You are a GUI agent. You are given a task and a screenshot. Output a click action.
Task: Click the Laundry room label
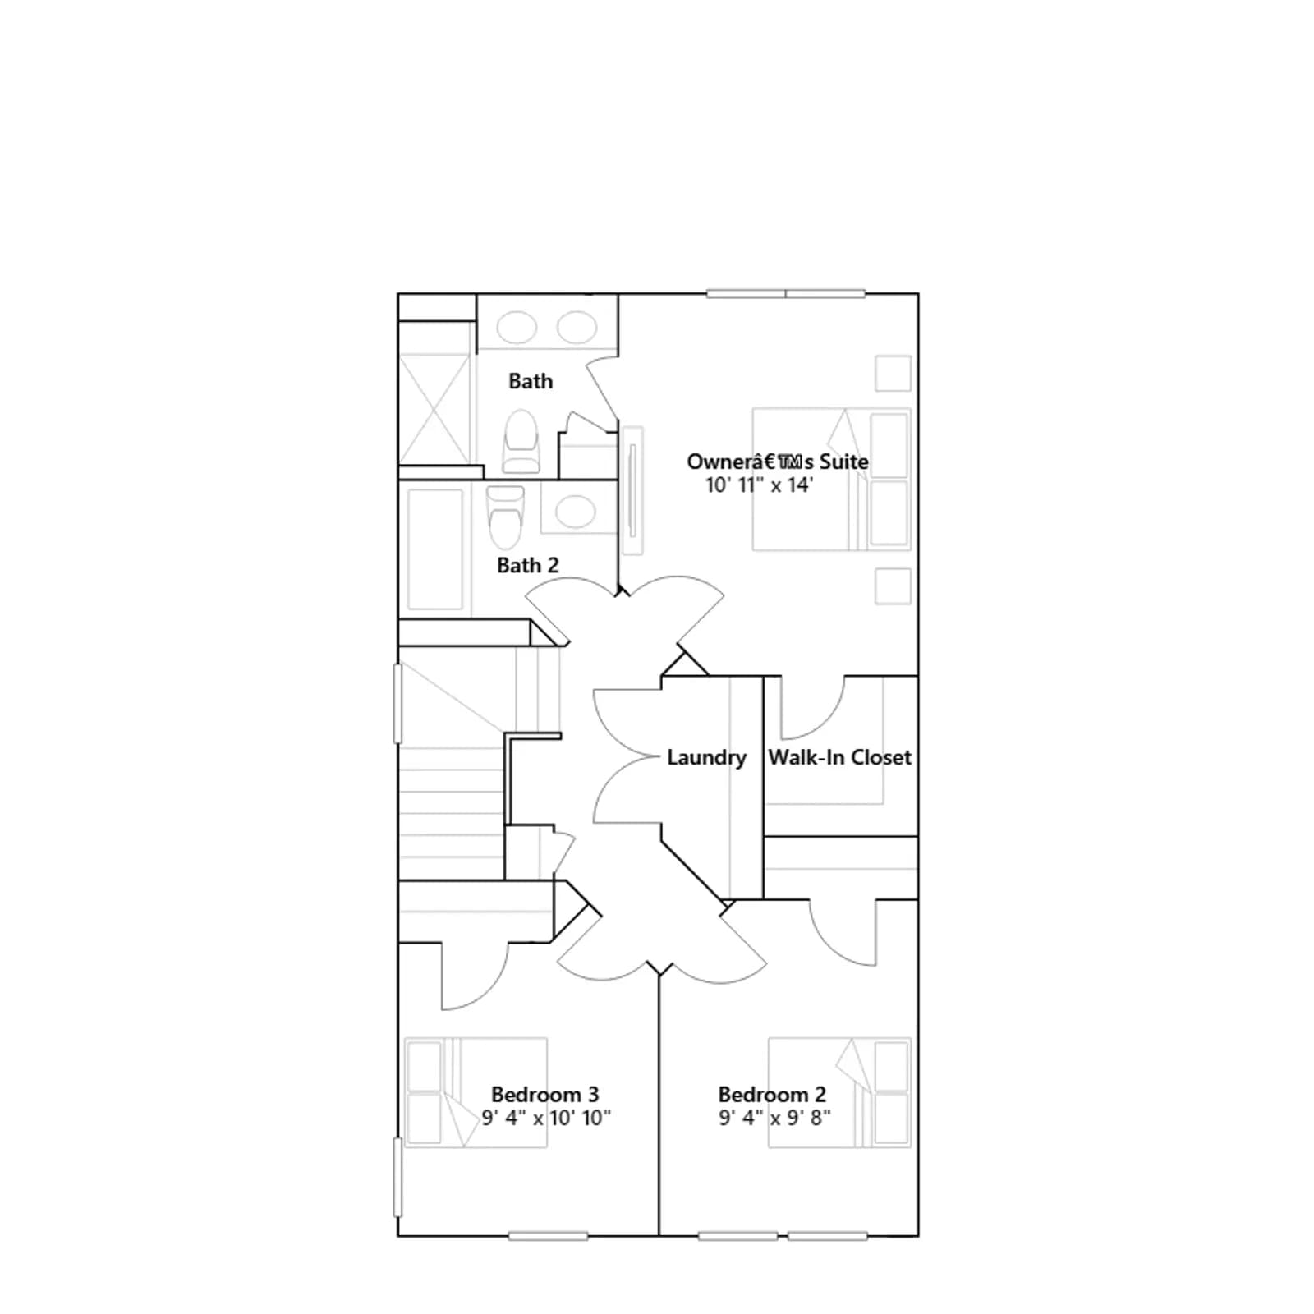pyautogui.click(x=706, y=757)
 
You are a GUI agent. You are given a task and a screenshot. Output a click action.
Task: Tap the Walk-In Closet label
pyautogui.click(x=839, y=757)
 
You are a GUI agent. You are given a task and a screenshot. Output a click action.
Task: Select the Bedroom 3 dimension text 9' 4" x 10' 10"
pyautogui.click(x=546, y=1118)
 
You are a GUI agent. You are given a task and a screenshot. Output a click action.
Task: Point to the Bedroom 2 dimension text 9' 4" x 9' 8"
pyautogui.click(x=774, y=1118)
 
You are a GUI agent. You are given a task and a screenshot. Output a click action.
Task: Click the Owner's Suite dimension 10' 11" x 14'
pyautogui.click(x=759, y=485)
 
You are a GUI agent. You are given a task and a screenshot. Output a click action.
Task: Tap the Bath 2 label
pyautogui.click(x=527, y=565)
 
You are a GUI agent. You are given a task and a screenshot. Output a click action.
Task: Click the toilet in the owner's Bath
pyautogui.click(x=521, y=442)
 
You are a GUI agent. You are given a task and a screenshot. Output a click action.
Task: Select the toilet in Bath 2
pyautogui.click(x=505, y=517)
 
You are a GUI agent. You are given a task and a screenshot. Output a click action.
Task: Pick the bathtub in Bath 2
pyautogui.click(x=435, y=549)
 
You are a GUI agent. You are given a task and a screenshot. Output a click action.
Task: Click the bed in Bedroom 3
pyautogui.click(x=476, y=1092)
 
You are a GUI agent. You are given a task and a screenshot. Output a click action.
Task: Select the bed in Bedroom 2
pyautogui.click(x=839, y=1092)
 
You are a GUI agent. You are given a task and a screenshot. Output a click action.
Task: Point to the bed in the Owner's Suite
pyautogui.click(x=832, y=479)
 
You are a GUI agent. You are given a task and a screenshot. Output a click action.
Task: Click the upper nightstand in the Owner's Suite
pyautogui.click(x=893, y=374)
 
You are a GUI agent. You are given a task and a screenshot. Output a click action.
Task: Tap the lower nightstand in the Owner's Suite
pyautogui.click(x=893, y=586)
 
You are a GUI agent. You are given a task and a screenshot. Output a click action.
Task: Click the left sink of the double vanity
pyautogui.click(x=517, y=328)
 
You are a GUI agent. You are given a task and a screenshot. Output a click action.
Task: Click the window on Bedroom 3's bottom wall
pyautogui.click(x=548, y=1236)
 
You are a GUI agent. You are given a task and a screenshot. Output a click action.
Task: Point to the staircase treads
pyautogui.click(x=452, y=813)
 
